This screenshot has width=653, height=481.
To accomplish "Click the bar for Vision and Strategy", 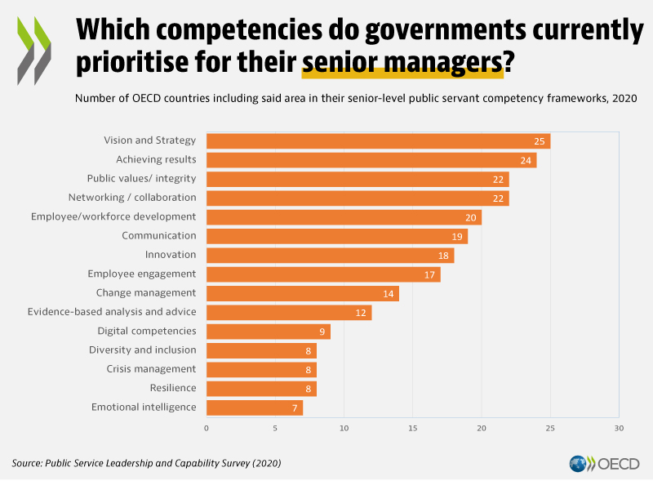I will coord(378,141).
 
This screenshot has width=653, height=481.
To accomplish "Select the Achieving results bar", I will coord(371,160).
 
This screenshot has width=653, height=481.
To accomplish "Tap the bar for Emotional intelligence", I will coord(255,408).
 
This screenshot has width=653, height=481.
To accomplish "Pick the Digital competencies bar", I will coord(268,332).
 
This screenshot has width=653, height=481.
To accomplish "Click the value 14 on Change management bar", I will coord(389,293).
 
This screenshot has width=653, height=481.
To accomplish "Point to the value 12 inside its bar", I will coord(362,313).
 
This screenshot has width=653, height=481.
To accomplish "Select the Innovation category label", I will coord(171,255).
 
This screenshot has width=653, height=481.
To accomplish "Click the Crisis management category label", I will coord(152,369).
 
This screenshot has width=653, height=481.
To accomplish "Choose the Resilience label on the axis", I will coord(173,388).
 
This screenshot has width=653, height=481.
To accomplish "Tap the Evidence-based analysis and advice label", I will coord(112,312).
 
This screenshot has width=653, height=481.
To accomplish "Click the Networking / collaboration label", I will coord(132,198).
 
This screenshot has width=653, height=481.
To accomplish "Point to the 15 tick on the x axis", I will coord(413,428).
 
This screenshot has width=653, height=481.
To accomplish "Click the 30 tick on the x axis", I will coord(619,428).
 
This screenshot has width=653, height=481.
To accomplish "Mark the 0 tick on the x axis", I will coord(207,428).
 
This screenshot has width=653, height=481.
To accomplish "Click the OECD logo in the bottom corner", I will coord(605,464).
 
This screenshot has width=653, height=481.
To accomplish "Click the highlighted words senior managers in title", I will coord(402,61).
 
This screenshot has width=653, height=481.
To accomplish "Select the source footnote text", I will coord(147,463).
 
